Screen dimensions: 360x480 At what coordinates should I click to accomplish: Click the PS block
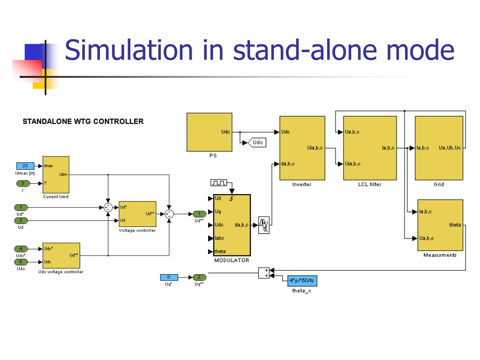(209, 132)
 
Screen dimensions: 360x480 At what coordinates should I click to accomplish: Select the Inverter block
(302, 148)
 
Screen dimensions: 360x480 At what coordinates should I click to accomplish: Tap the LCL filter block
(370, 148)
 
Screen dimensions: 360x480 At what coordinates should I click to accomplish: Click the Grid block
(439, 148)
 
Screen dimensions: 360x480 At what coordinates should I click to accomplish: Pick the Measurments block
(440, 225)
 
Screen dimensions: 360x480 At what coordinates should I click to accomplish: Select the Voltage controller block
(137, 214)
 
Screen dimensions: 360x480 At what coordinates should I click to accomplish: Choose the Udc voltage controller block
(61, 255)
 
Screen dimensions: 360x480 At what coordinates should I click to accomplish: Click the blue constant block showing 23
(25, 166)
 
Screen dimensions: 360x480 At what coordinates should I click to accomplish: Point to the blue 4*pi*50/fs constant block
(302, 280)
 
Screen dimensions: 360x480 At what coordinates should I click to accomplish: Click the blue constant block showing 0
(169, 277)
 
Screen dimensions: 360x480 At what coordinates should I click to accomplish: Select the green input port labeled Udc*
(21, 248)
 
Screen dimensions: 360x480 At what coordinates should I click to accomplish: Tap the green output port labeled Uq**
(199, 277)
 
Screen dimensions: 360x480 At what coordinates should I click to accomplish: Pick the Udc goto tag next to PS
(257, 142)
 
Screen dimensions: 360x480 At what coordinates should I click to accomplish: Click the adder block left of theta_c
(264, 273)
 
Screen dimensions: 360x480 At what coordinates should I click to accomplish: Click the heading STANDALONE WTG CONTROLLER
(83, 121)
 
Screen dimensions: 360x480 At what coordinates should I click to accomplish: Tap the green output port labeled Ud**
(199, 214)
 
